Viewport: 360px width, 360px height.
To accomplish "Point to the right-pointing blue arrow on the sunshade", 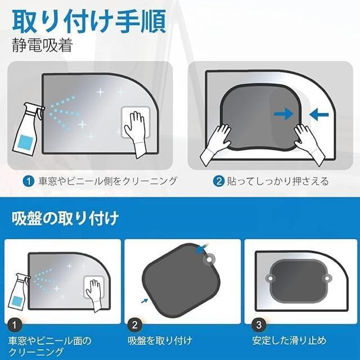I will click(283, 114).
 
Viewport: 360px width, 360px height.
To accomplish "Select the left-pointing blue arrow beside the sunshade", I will click(319, 114).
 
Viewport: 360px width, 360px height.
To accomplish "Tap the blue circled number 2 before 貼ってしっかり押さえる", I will click(219, 182).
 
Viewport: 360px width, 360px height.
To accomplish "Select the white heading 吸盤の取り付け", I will click(65, 217).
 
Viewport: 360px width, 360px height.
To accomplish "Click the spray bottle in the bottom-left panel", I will click(20, 292).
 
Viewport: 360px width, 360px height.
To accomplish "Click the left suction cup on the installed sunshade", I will click(271, 278).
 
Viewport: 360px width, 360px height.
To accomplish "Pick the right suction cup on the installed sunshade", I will click(326, 278).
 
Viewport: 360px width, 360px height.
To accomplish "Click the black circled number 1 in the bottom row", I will click(15, 324).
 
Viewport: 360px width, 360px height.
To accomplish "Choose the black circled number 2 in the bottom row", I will click(134, 324).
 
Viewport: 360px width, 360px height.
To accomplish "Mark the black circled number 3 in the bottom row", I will click(258, 324).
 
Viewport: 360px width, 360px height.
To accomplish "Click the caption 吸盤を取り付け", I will click(161, 340).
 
